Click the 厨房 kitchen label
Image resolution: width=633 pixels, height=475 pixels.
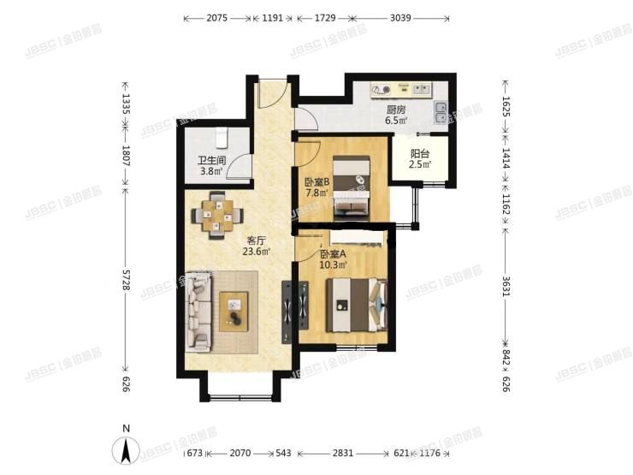click(395, 110)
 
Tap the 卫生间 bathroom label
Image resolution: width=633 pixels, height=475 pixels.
click(211, 160)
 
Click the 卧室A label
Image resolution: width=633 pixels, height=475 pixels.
click(334, 254)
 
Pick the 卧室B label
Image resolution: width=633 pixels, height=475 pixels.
click(317, 181)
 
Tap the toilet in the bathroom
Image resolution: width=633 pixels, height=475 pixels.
click(221, 137)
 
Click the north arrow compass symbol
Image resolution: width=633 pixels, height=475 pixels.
click(127, 448)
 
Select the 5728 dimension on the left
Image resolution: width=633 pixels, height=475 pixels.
click(126, 288)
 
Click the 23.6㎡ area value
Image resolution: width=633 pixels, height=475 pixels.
click(257, 252)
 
